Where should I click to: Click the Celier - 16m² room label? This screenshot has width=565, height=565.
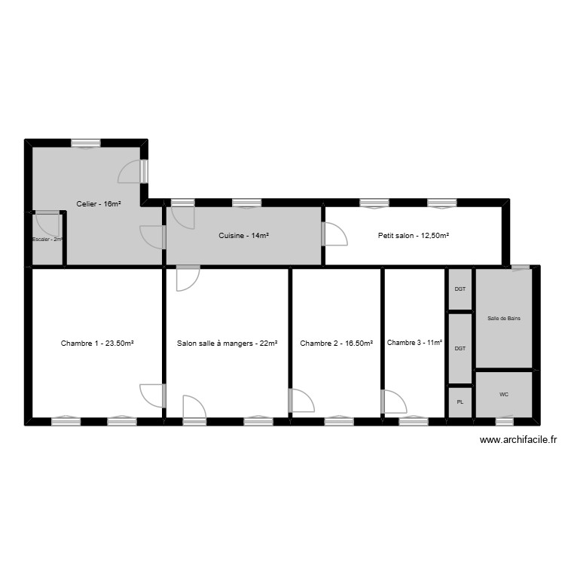point(99,203)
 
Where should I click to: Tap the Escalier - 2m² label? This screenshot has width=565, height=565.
point(47,240)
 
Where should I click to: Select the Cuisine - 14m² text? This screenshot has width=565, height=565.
point(244,236)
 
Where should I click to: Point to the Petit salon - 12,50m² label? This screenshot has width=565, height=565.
point(414,236)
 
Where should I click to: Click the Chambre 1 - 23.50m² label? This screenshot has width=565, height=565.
point(97,344)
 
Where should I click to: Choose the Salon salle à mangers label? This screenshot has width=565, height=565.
point(228,344)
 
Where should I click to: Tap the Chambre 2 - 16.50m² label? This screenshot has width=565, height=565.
point(336,344)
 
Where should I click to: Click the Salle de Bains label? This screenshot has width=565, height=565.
point(504,319)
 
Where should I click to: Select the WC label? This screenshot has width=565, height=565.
point(504,395)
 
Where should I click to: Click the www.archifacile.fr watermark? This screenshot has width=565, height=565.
point(518,441)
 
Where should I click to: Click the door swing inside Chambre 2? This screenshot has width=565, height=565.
point(302,400)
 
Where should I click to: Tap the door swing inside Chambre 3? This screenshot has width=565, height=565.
point(393,402)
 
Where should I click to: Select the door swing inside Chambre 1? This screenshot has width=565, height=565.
point(152,395)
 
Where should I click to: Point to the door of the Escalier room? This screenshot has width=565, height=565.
point(47,223)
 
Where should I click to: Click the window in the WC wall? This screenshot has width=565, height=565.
point(504,421)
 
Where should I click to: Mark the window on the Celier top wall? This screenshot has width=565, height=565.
point(86,143)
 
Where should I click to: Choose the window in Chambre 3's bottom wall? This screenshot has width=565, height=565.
point(414,421)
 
